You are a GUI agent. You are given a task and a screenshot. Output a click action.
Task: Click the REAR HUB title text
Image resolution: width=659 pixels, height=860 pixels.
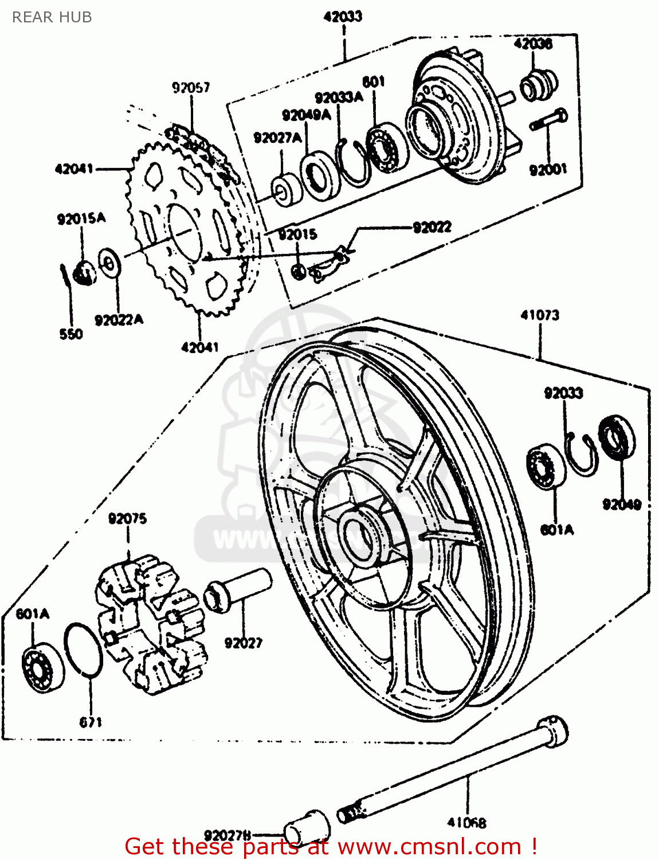(x=52, y=17)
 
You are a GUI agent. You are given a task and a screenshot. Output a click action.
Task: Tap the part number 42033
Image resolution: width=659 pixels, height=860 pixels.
(x=343, y=17)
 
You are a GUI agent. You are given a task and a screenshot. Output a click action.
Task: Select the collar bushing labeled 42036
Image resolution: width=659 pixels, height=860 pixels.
(x=538, y=85)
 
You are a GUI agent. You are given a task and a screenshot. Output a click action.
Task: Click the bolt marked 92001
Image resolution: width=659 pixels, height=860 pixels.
(x=548, y=121)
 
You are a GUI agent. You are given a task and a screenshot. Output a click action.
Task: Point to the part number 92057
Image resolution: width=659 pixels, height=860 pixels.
(x=191, y=87)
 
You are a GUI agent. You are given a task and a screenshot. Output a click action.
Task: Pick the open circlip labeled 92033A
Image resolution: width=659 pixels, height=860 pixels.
(x=352, y=163)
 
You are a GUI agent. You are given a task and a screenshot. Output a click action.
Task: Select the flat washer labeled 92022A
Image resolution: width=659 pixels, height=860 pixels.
(x=108, y=263)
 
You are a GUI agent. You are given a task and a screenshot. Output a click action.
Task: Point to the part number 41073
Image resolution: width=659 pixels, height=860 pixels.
(x=540, y=315)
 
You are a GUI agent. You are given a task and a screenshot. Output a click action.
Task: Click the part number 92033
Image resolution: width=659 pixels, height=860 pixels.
(x=563, y=393)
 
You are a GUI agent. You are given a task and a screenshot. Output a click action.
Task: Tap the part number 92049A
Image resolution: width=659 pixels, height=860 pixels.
(x=306, y=115)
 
